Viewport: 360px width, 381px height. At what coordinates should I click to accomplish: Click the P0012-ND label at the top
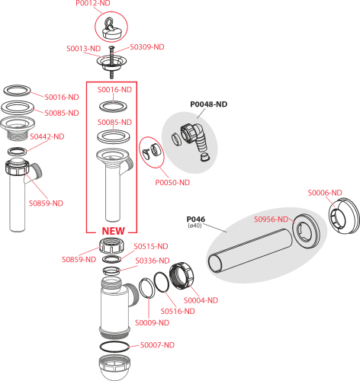point(93,3)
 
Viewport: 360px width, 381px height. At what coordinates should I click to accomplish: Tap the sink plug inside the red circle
point(111,28)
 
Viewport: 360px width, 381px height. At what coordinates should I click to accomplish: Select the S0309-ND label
point(147,47)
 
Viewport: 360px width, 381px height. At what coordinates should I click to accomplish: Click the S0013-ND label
point(84,48)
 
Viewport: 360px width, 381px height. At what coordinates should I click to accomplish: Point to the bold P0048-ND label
point(209,104)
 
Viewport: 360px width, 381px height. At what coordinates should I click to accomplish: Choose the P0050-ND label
point(172,182)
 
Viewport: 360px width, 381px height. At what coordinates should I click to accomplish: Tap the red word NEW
point(114,231)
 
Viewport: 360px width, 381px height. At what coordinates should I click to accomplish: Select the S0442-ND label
point(47,136)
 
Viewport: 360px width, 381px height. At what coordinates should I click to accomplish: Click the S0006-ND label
point(325,193)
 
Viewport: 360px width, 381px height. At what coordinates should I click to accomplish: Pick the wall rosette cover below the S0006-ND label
point(344,216)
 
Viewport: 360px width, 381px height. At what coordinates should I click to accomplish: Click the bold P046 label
point(196,219)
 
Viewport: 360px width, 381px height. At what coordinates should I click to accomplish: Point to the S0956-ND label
point(272,219)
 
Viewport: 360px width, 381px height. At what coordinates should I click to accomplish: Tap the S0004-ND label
point(201,300)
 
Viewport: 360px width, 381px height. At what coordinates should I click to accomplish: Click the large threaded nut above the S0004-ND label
point(182,276)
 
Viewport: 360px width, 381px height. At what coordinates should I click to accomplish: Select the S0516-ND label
point(178,311)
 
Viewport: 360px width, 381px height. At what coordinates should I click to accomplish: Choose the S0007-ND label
point(157,345)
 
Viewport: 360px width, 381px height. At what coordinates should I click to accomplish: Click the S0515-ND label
point(151,246)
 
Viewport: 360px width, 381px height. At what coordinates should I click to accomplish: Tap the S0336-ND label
point(153,261)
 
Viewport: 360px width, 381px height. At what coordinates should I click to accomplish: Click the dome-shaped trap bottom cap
point(114,368)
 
